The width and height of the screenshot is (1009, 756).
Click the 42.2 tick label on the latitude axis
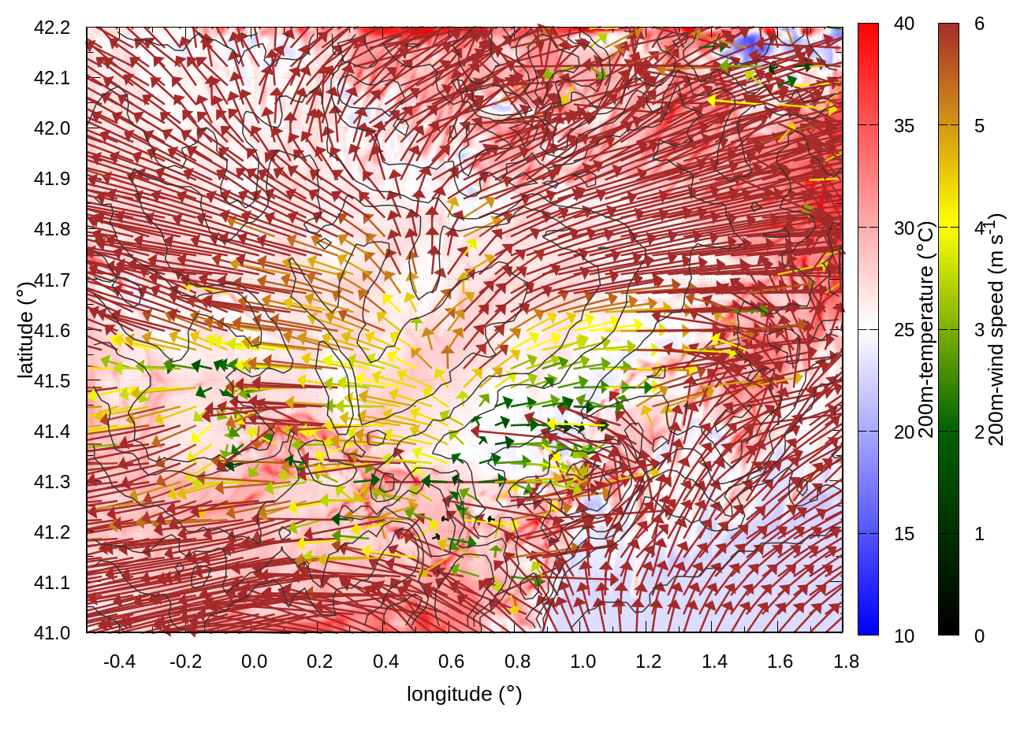52,28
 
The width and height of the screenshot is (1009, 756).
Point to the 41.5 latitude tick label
52,381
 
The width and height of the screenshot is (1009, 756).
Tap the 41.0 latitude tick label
52,633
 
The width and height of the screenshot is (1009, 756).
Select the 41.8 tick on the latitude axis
52,229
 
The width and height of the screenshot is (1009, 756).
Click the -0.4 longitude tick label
119,661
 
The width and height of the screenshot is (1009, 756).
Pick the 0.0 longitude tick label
254,661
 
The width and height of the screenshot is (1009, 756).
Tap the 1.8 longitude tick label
846,661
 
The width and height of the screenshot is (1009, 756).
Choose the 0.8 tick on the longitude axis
517,661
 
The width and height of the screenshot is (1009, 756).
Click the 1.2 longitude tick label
649,661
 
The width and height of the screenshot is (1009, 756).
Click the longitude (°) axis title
464,694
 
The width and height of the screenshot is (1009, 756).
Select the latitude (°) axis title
25,329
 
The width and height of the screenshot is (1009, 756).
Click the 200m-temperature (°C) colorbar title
927,329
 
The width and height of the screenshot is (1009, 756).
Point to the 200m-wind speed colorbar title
996,329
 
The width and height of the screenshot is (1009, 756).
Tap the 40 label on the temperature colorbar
904,24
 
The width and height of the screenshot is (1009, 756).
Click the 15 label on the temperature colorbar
904,534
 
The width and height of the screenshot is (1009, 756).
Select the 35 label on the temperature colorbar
904,126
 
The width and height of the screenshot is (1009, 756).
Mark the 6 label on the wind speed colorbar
979,24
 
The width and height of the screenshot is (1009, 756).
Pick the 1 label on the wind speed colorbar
979,534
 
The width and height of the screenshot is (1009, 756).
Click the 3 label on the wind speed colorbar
979,330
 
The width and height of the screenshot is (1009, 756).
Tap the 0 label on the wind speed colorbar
979,636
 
